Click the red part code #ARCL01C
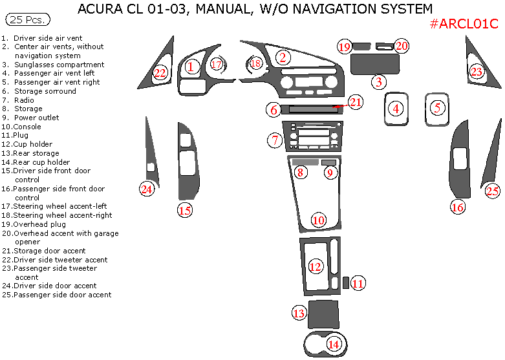tap(464, 25)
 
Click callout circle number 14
tap(334, 344)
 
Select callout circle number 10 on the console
tap(319, 220)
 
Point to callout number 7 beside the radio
tap(275, 140)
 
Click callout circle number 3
tap(379, 81)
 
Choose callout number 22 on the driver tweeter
tap(160, 73)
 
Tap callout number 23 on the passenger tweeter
tap(477, 72)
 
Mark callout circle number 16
tap(458, 207)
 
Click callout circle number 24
tap(147, 189)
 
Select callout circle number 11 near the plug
tap(358, 282)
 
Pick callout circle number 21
tap(356, 102)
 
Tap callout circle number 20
tap(402, 46)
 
